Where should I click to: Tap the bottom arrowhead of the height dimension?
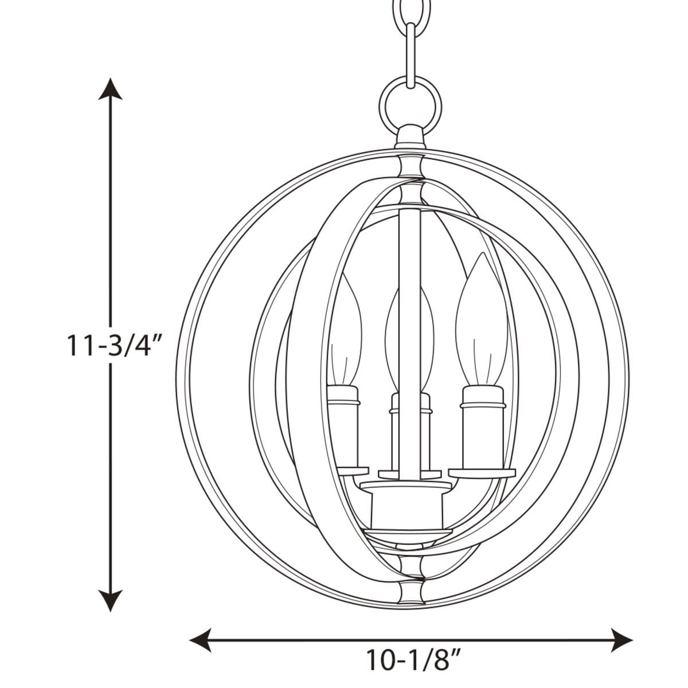tap(110, 600)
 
